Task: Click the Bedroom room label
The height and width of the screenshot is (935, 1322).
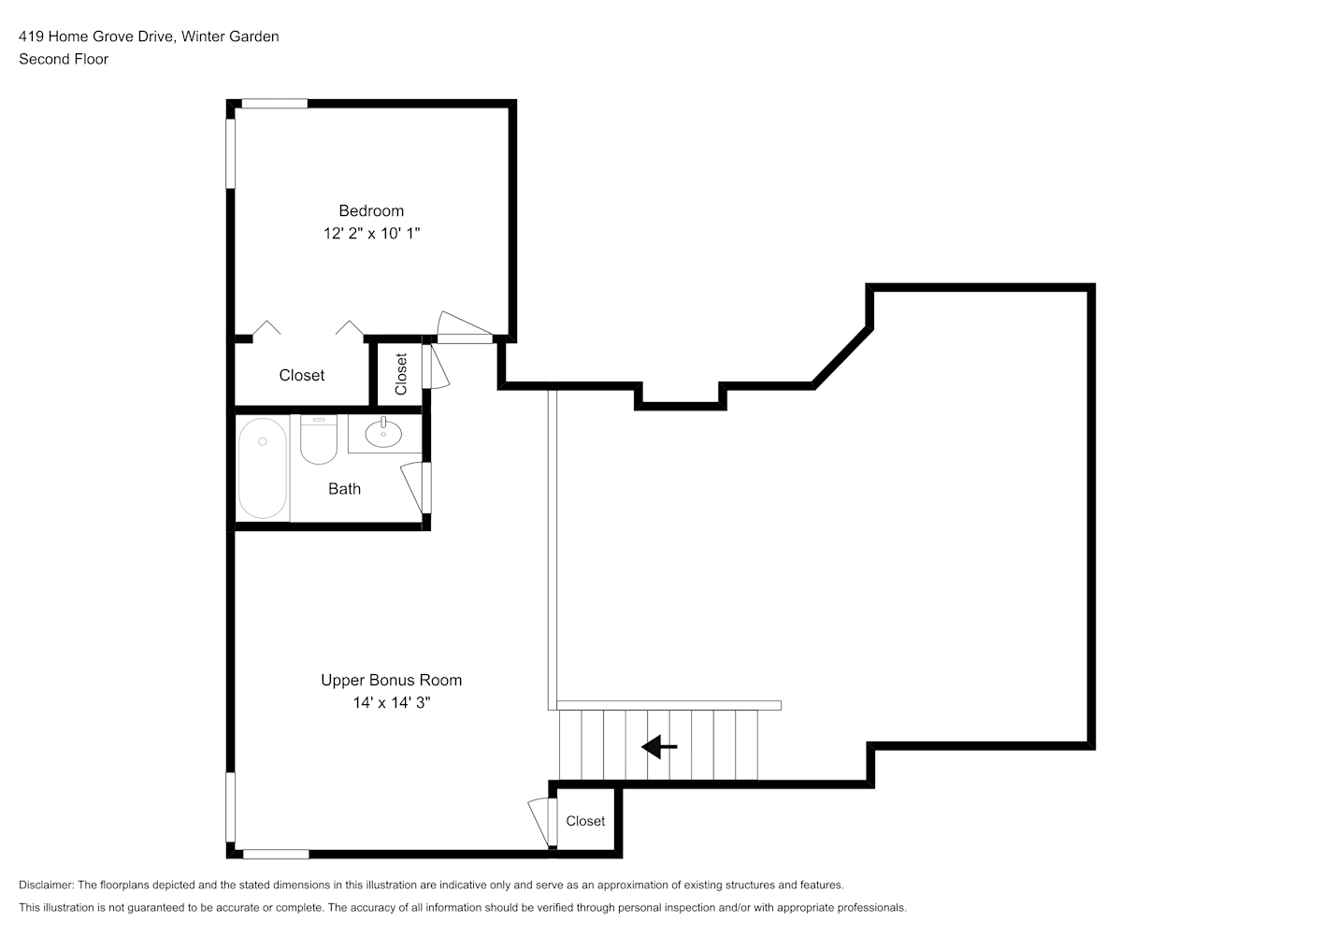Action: click(371, 210)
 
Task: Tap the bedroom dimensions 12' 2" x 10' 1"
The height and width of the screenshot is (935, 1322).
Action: click(371, 233)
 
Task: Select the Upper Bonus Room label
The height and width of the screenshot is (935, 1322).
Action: click(392, 680)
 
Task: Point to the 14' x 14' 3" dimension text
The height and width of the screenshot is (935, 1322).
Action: click(392, 702)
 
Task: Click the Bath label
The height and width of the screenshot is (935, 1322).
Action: click(344, 489)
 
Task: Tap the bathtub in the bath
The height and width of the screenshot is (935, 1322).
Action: click(263, 468)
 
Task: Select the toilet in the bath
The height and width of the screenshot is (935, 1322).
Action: click(319, 439)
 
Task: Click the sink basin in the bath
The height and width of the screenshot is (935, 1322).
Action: click(383, 434)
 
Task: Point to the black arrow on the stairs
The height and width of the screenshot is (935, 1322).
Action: click(658, 747)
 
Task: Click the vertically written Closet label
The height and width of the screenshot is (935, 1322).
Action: click(401, 374)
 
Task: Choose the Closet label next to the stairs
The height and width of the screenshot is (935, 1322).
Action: click(585, 821)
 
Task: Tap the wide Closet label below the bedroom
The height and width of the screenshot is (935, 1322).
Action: click(302, 376)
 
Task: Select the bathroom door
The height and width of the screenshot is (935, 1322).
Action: click(416, 487)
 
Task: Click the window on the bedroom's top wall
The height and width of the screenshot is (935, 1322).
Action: click(275, 104)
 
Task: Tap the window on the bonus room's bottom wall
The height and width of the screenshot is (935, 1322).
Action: click(276, 855)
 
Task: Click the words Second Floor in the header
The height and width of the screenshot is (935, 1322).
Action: click(64, 59)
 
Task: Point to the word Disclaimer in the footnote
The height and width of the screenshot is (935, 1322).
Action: click(46, 885)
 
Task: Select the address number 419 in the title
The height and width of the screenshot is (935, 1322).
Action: click(31, 36)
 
